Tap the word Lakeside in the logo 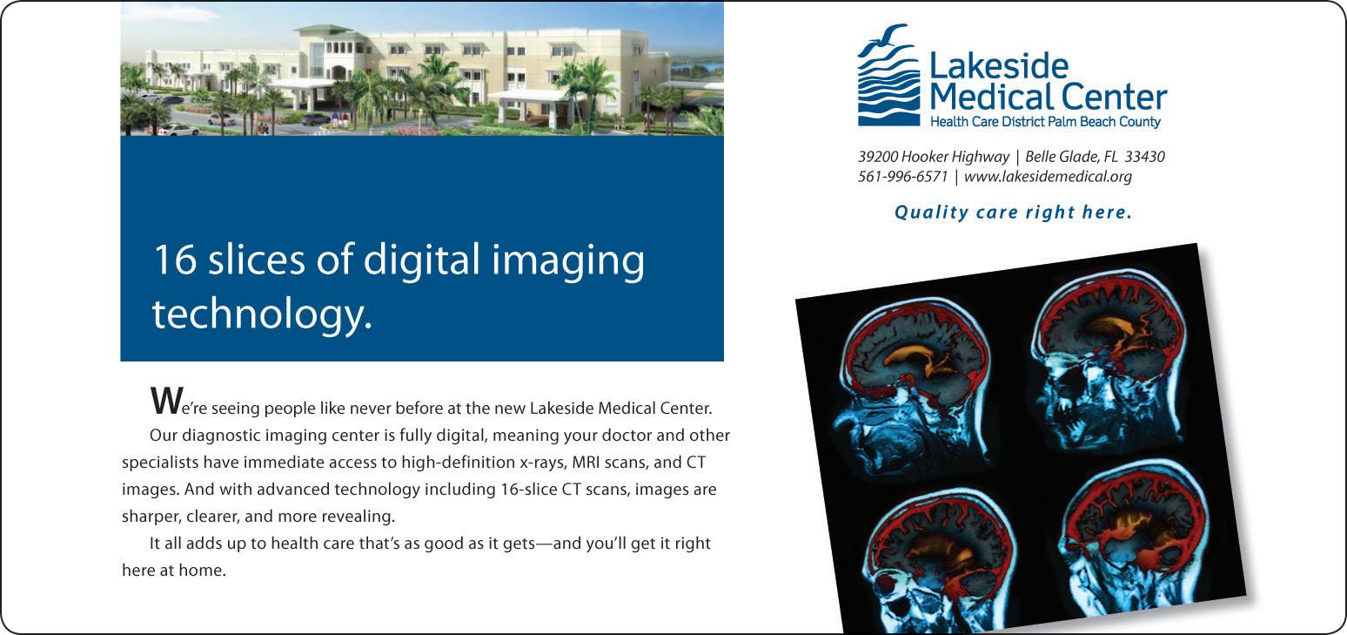pyautogui.click(x=999, y=66)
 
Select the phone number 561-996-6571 pyautogui.click(x=902, y=177)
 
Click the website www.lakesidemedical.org pyautogui.click(x=1048, y=177)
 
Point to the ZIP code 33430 pyautogui.click(x=1145, y=157)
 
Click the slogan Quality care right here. pyautogui.click(x=1013, y=213)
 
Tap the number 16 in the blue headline pyautogui.click(x=175, y=260)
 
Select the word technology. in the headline pyautogui.click(x=262, y=314)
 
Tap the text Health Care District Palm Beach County pyautogui.click(x=1045, y=122)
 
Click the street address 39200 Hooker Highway pyautogui.click(x=934, y=157)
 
